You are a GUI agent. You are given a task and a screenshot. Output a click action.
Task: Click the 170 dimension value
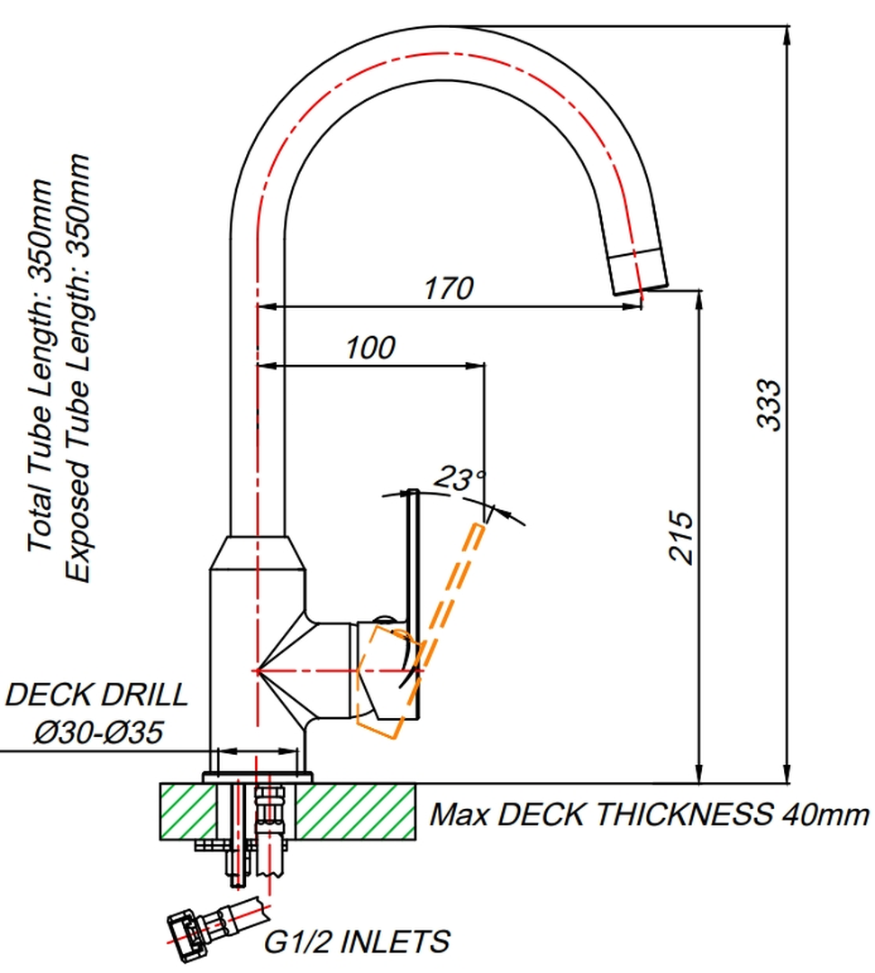tap(449, 288)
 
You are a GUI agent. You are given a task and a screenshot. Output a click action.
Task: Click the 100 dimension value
tap(369, 348)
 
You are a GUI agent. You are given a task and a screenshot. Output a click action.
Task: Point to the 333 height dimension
tap(769, 405)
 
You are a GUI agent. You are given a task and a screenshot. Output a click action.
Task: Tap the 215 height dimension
tap(680, 537)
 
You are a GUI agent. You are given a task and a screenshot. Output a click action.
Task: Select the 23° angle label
tap(460, 478)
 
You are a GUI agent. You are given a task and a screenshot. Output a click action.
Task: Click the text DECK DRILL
tap(96, 695)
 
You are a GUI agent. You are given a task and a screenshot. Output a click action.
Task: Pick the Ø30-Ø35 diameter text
tap(98, 732)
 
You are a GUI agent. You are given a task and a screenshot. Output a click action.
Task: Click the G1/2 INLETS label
tap(357, 942)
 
